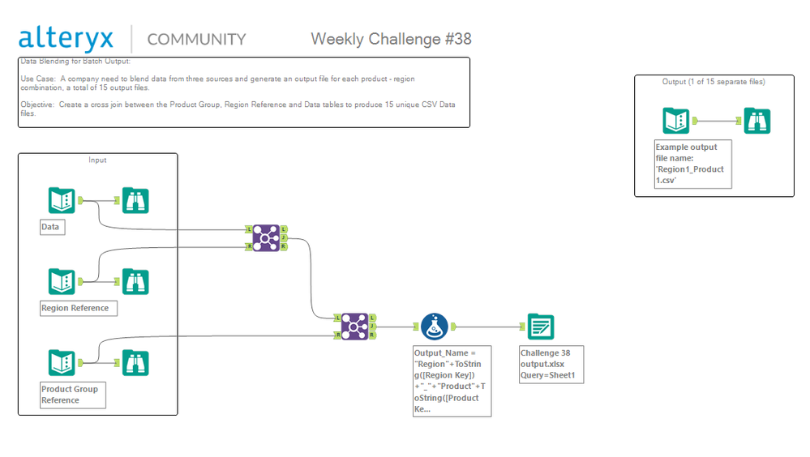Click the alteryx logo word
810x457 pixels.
(66, 38)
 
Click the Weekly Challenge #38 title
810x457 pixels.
(391, 39)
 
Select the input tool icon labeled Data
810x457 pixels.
(62, 200)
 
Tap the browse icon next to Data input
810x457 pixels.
(135, 200)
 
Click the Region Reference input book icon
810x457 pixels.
(62, 281)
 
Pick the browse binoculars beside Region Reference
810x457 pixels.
(135, 281)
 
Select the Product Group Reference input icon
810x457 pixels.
(62, 362)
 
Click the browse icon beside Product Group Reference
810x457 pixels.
(135, 362)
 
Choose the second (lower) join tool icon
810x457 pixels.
(355, 327)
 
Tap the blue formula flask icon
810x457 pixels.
(434, 327)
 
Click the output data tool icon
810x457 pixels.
(541, 327)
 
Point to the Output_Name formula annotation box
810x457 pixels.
(452, 380)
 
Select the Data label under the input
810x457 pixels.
(51, 227)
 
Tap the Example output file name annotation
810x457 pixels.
(692, 164)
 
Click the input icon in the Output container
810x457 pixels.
(676, 121)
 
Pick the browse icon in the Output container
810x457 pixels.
(757, 121)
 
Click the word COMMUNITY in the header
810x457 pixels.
(196, 39)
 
